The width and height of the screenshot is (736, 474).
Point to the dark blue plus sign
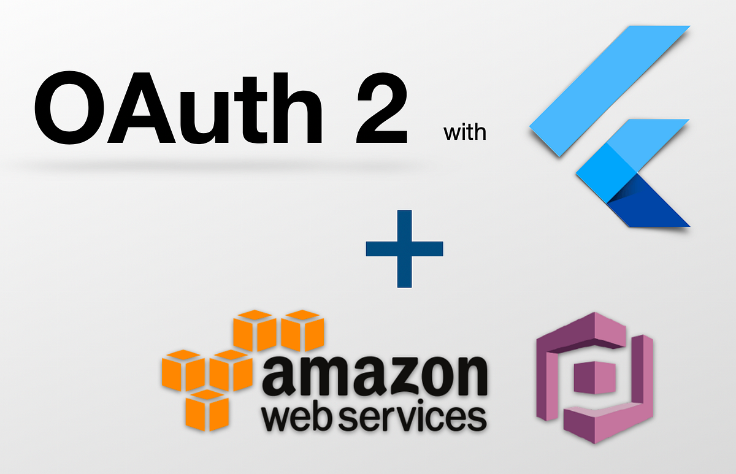(x=404, y=248)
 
